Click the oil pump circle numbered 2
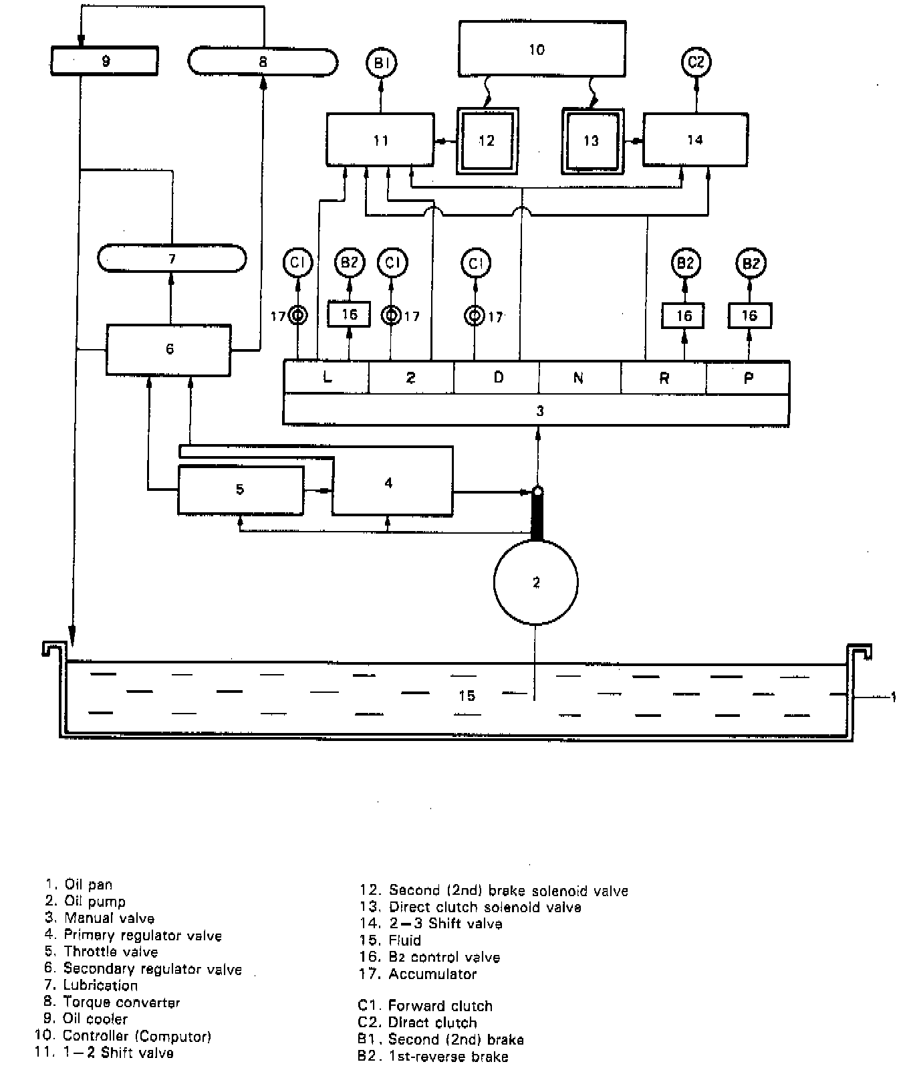535,582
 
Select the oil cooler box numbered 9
105,62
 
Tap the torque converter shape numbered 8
263,62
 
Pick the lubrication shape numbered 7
172,259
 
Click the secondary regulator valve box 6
169,349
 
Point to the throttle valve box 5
240,490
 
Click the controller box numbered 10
541,49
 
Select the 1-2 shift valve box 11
380,140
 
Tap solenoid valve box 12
487,140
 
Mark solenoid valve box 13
592,140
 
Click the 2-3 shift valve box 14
695,140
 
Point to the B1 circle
381,64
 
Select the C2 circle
696,62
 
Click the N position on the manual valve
579,378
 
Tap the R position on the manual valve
664,378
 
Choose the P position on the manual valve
748,378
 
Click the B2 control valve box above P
749,316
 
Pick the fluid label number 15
467,696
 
